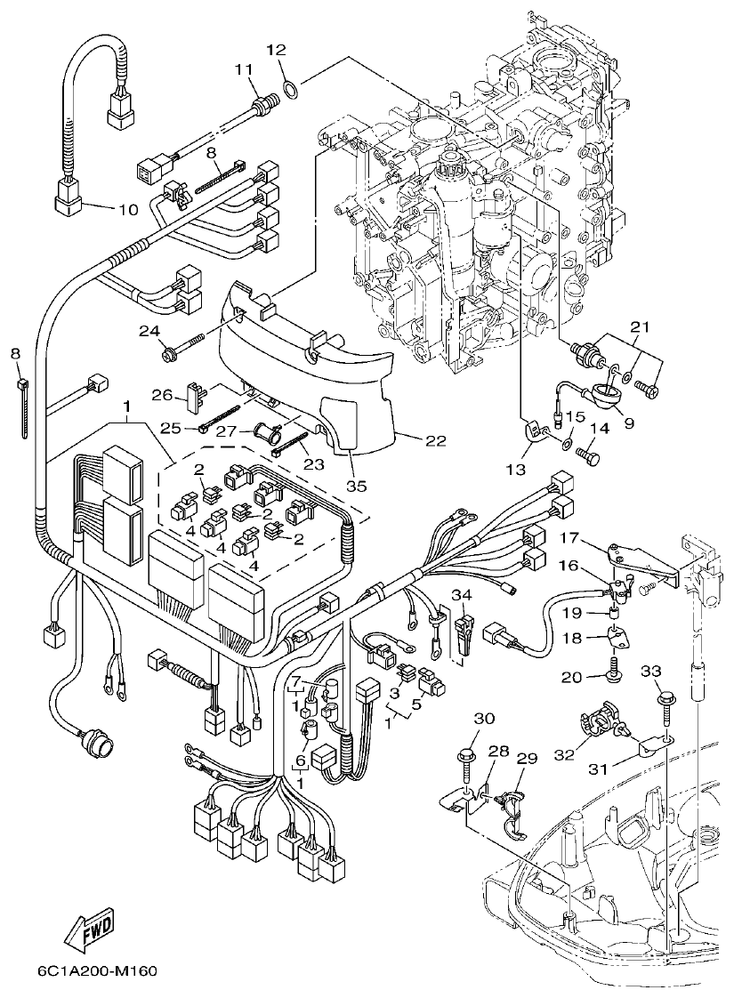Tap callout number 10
coord(128,210)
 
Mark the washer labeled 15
coord(567,439)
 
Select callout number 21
coord(641,327)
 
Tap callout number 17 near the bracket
coord(570,538)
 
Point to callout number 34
coord(461,594)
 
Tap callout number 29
coord(528,758)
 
